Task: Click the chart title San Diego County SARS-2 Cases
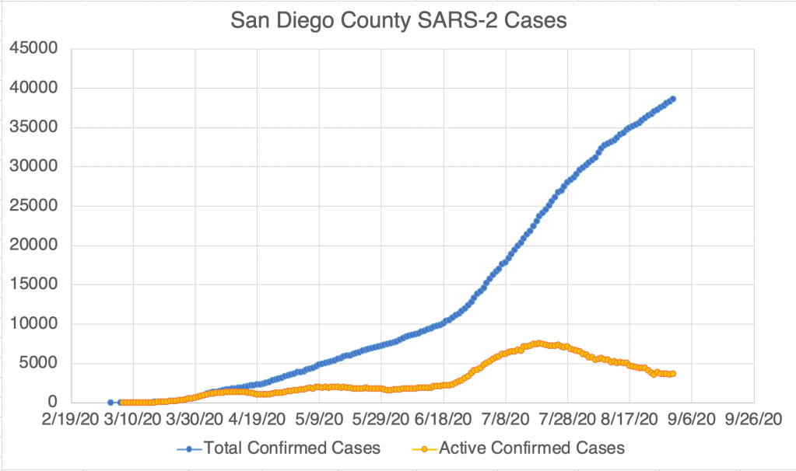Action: pos(398,21)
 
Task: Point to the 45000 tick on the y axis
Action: pos(34,49)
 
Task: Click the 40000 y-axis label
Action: pos(34,88)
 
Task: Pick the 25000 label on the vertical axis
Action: pos(34,206)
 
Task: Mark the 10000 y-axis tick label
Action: pos(34,324)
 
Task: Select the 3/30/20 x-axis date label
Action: pos(193,420)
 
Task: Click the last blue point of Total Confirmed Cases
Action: pos(672,99)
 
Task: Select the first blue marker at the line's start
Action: pos(110,402)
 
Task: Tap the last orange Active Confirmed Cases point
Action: pos(672,374)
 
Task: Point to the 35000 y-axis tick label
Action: pos(34,127)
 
